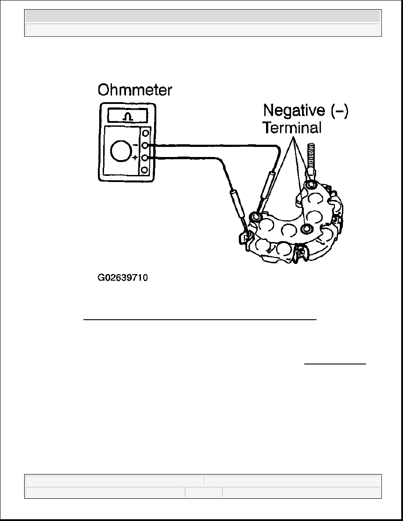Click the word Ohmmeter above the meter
135,90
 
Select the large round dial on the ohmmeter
121,151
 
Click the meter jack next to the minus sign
145,146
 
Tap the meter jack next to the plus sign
145,158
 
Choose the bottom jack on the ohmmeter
145,170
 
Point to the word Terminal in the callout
292,128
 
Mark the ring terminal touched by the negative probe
255,216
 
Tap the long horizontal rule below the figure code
200,320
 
